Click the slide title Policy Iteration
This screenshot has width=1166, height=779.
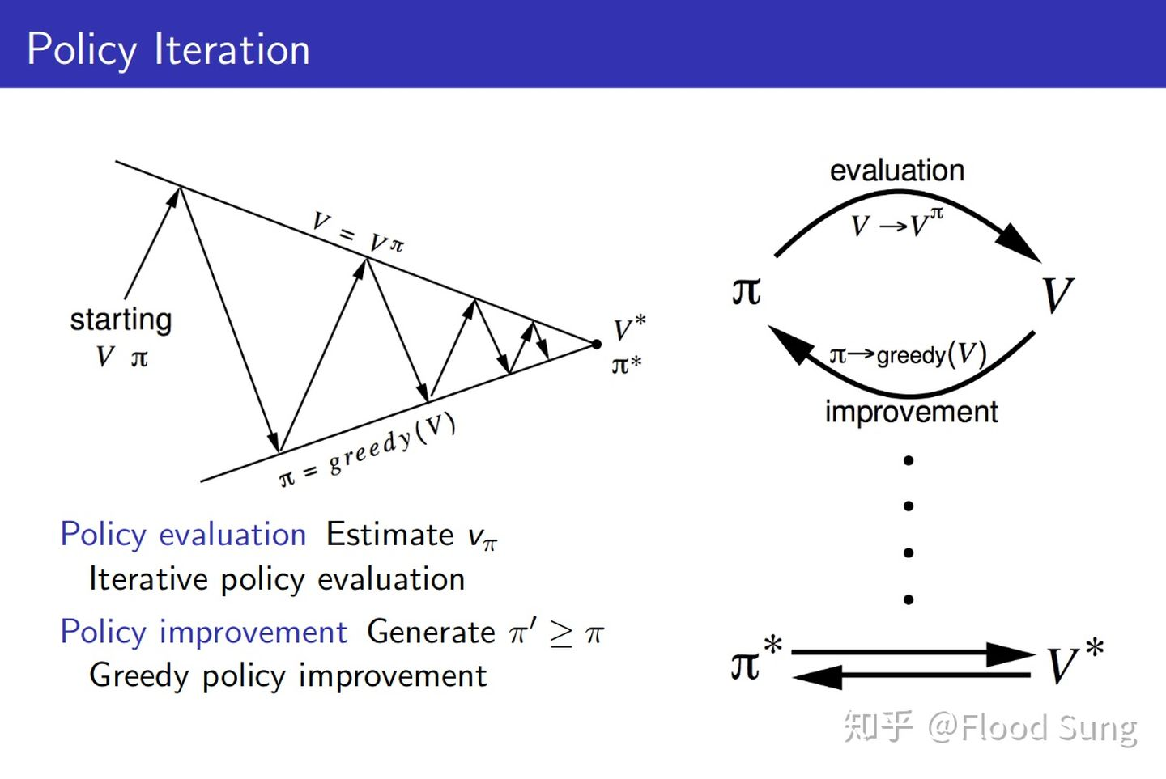point(168,49)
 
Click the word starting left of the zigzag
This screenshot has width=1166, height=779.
point(121,320)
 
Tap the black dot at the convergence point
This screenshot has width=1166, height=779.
point(596,345)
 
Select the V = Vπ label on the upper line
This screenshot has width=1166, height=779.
point(358,232)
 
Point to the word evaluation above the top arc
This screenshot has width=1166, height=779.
point(897,171)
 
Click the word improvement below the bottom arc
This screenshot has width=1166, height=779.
point(911,412)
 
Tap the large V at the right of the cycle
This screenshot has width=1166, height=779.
point(1057,295)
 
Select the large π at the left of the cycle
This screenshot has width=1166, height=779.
point(747,291)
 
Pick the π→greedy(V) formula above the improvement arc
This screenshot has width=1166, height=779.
point(908,354)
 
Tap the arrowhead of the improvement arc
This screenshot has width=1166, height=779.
point(790,345)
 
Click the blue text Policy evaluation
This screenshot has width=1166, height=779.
point(183,535)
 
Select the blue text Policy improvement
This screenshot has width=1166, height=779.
point(203,632)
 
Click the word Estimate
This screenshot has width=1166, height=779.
point(389,535)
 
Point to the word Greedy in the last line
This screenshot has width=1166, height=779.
point(138,675)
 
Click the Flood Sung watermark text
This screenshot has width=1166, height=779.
point(1049,728)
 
